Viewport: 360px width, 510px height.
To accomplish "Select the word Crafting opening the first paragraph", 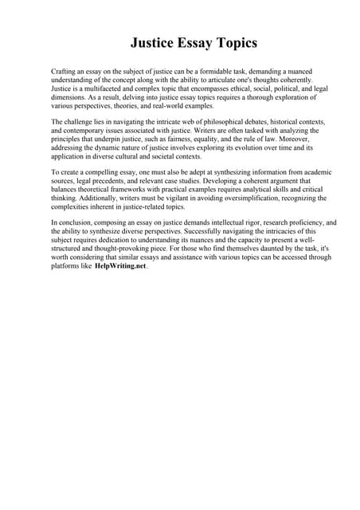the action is (x=65, y=72).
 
